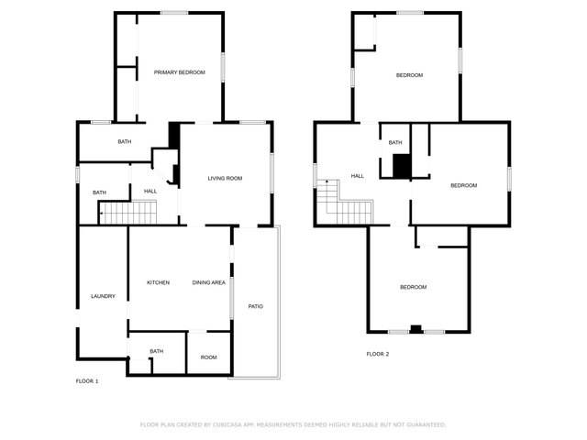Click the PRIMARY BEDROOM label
pos(180,72)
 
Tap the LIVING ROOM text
pos(225,179)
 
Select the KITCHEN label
pos(158,282)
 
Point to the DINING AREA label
pos(208,282)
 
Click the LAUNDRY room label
pos(103,296)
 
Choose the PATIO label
pos(256,306)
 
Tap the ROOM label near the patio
pos(208,357)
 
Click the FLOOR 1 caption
pos(87,381)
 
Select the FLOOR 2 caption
pos(378,354)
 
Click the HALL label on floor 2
pos(358,176)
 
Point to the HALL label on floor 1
pos(150,192)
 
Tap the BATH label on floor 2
pos(395,143)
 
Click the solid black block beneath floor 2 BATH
pos(402,166)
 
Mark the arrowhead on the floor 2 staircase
pos(327,181)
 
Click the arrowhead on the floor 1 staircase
pos(102,214)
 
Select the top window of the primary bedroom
pos(174,13)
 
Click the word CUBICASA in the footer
pos(227,425)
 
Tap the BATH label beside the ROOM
pos(157,351)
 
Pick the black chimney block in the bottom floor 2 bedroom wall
pos(415,329)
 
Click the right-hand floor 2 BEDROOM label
pos(464,185)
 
